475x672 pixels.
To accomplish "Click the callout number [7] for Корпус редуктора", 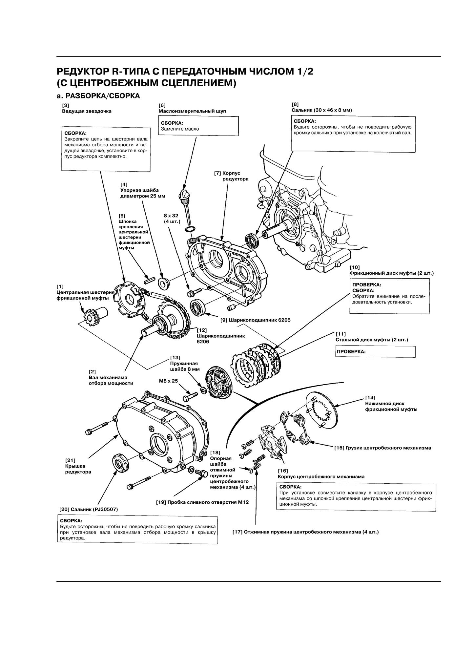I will (217, 173).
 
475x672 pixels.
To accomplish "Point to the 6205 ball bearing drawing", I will (198, 308).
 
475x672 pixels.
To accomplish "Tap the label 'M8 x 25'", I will (168, 381).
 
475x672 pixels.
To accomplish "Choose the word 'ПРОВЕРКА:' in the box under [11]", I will (351, 351).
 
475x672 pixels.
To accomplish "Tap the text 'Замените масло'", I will (180, 129).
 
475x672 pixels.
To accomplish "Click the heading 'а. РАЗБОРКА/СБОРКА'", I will (98, 96).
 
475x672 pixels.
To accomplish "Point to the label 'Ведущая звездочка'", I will (87, 111).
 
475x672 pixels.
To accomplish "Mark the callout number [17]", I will (237, 532).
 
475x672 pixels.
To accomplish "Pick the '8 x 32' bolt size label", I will (171, 216).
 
